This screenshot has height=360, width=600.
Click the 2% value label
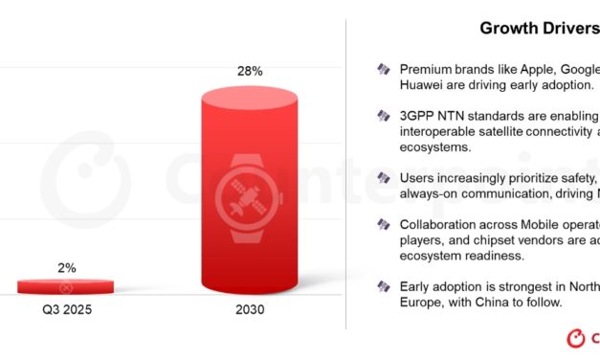66,268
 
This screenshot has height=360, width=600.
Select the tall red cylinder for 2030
251,191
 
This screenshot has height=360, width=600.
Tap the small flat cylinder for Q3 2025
66,286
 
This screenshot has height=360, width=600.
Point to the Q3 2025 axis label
66,310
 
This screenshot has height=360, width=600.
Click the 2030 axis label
251,310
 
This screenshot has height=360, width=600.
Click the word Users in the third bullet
417,178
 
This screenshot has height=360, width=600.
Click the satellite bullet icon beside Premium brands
384,69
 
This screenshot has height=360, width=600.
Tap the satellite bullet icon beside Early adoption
384,287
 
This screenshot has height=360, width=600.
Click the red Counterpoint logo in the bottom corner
576,338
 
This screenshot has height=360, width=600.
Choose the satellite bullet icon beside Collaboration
384,225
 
